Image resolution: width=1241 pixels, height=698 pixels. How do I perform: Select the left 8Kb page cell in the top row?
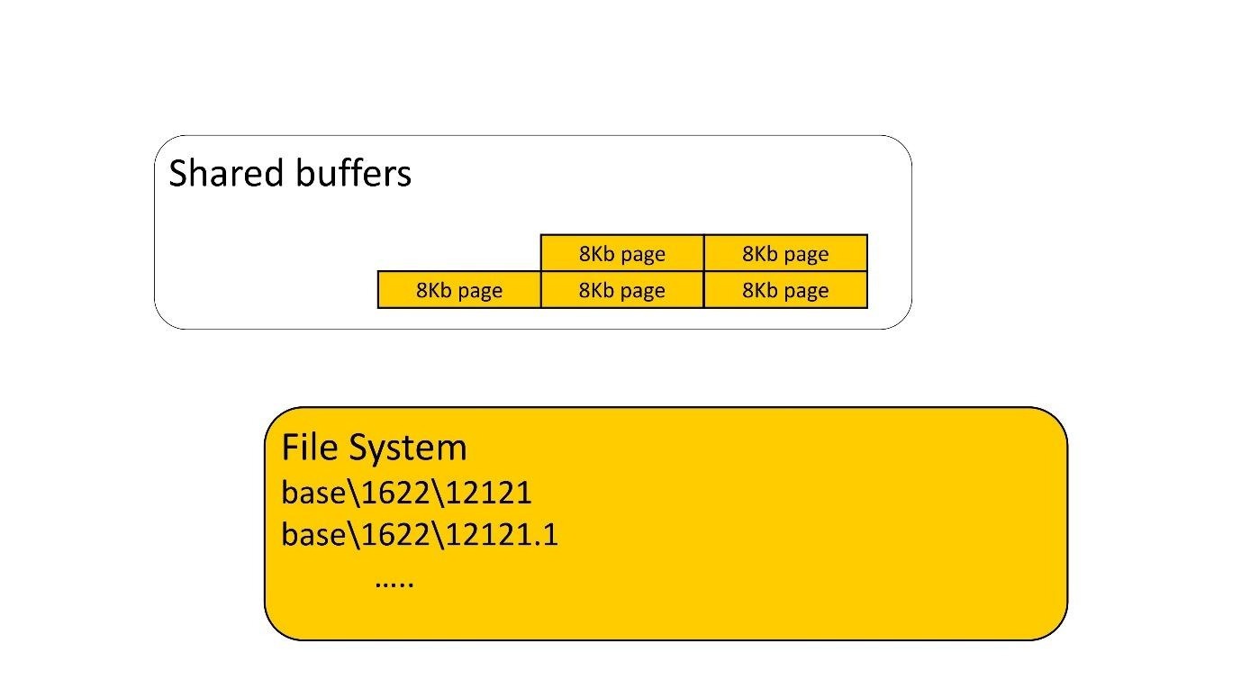pyautogui.click(x=622, y=253)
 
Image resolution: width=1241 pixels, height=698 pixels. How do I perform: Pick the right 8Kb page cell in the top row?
pyautogui.click(x=785, y=253)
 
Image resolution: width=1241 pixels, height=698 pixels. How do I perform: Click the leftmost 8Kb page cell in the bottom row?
pyautogui.click(x=459, y=290)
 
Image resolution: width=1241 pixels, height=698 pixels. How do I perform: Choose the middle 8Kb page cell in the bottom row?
pyautogui.click(x=622, y=290)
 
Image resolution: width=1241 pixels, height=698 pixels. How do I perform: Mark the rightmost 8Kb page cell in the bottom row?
pyautogui.click(x=785, y=290)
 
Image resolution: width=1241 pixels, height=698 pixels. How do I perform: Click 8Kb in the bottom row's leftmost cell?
pyautogui.click(x=434, y=290)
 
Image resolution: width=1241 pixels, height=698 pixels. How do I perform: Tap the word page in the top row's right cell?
pyautogui.click(x=806, y=253)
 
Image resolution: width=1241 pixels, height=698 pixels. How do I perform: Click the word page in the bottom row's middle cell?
pyautogui.click(x=643, y=290)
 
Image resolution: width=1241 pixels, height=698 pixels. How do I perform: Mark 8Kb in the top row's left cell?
pyautogui.click(x=597, y=253)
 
